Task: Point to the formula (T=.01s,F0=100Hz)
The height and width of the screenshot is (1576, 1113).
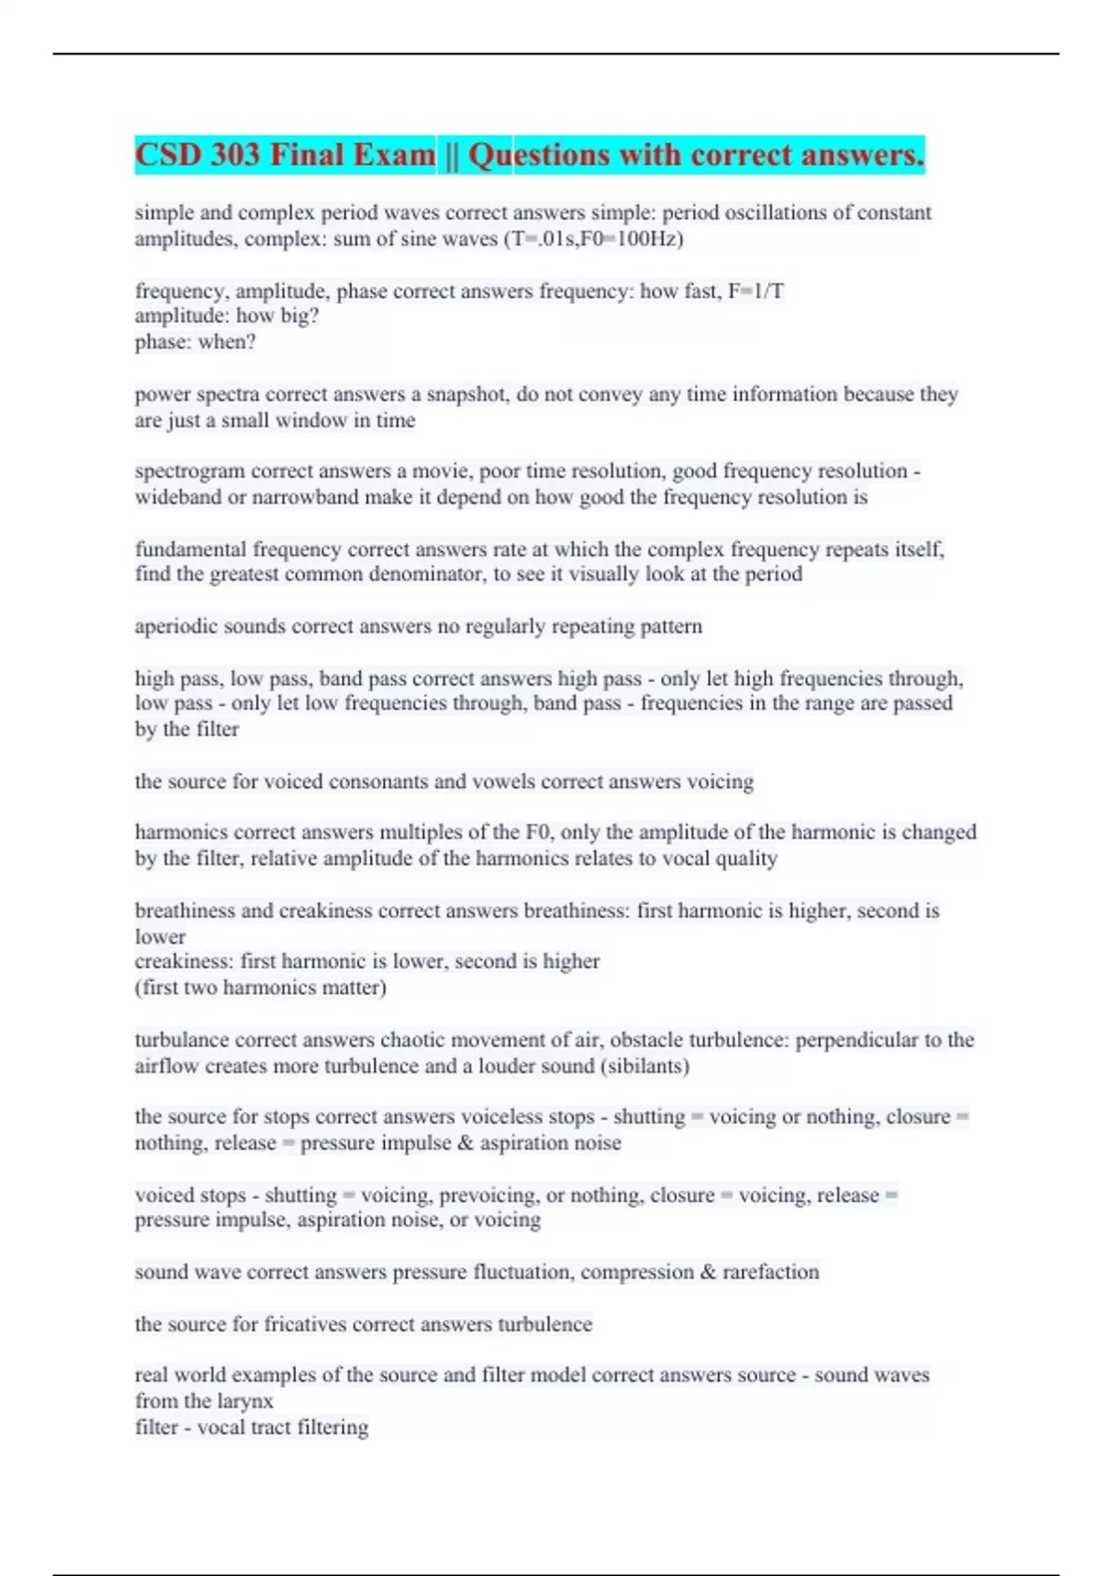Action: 594,239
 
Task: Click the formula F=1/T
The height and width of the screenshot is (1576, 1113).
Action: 756,291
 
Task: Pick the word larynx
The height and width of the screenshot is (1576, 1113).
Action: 245,1401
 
